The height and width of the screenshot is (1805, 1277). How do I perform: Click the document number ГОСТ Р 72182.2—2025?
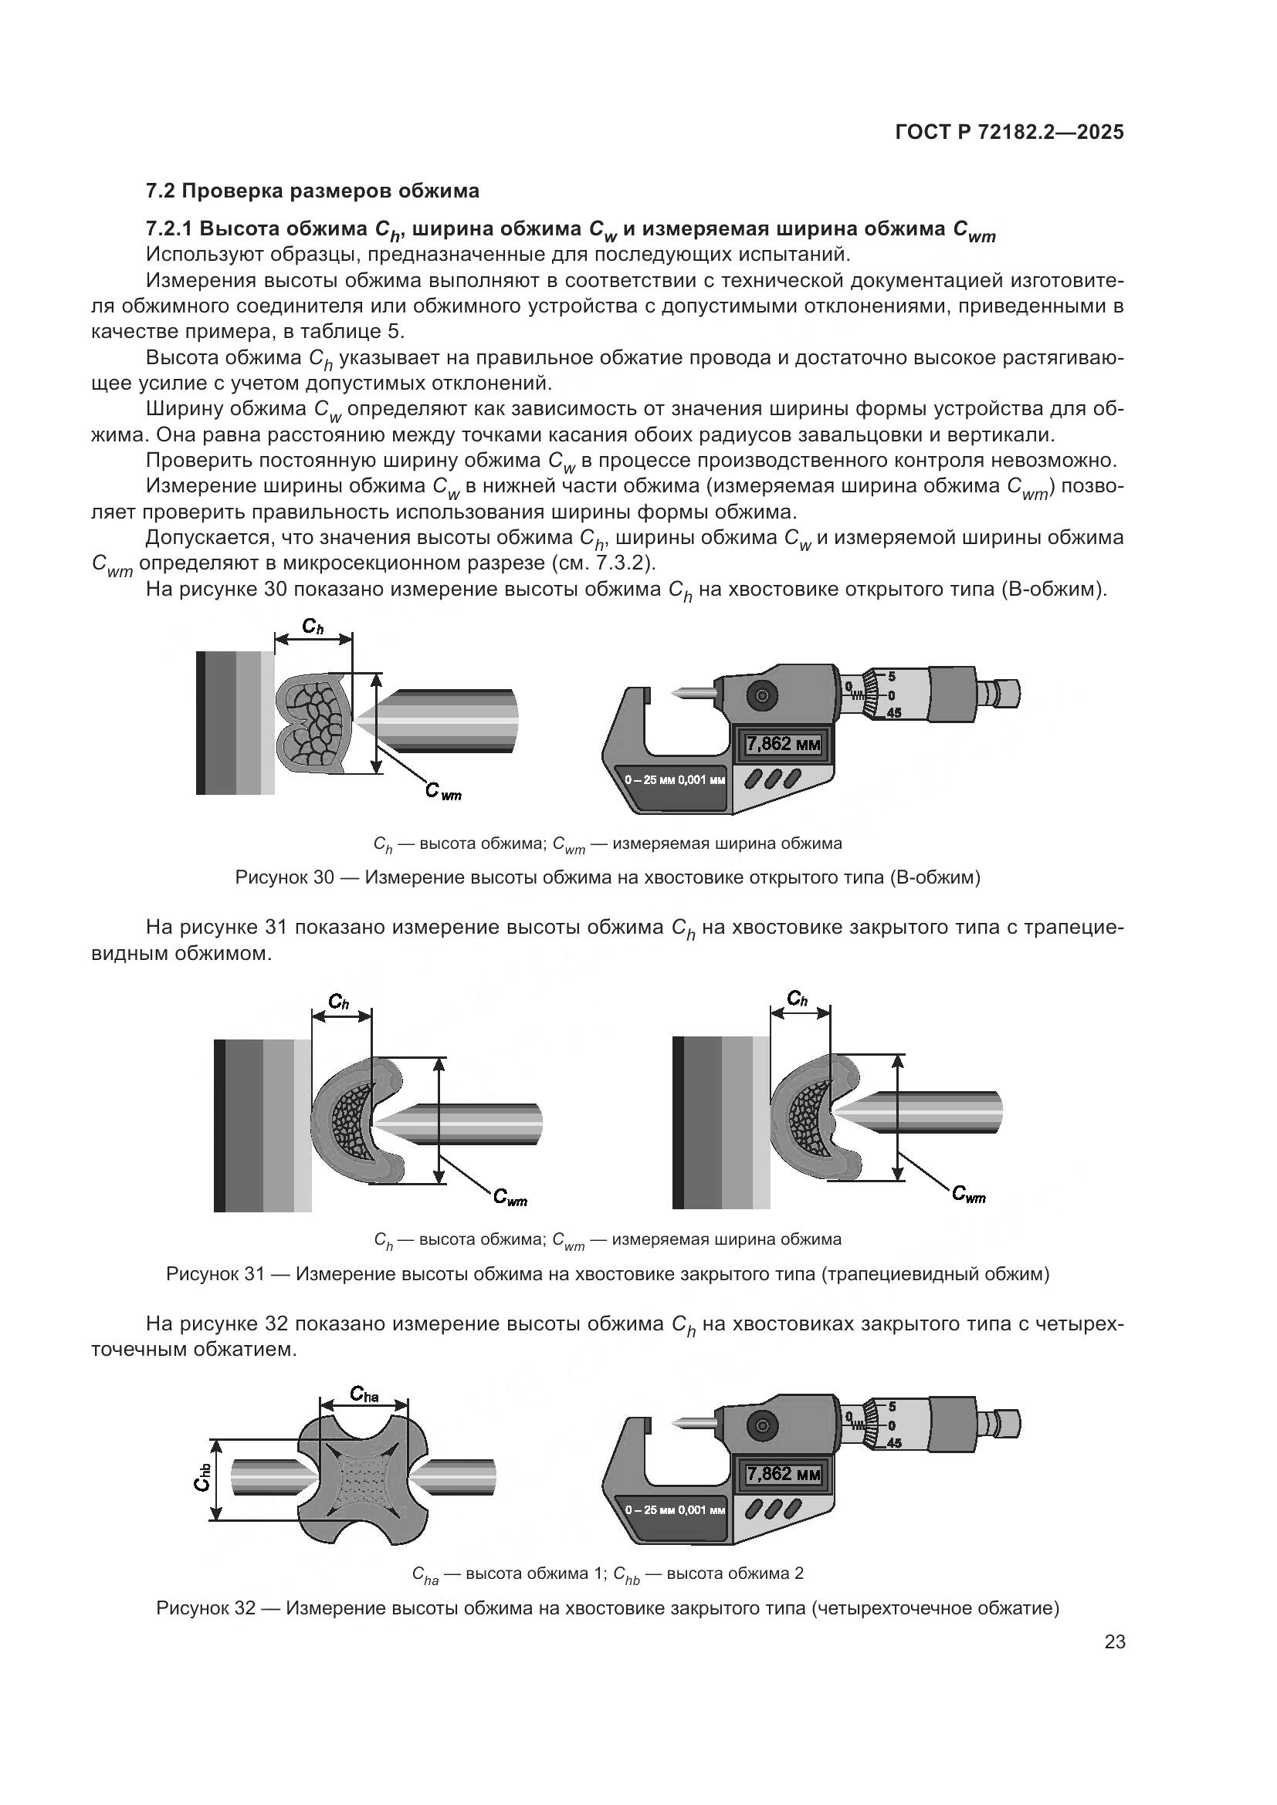[x=1009, y=132]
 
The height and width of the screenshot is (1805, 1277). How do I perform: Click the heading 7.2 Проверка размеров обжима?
[x=312, y=191]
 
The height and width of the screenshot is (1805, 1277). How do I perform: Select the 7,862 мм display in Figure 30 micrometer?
[x=782, y=743]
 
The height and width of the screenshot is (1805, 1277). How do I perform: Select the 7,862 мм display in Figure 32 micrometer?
[x=782, y=1473]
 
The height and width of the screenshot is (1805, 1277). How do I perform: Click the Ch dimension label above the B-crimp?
[x=313, y=627]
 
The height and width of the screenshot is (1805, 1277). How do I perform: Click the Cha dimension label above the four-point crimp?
[x=364, y=1394]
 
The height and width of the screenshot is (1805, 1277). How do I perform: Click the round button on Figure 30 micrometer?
[x=761, y=695]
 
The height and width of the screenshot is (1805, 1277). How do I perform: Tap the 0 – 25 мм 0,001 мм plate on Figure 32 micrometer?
[x=675, y=1509]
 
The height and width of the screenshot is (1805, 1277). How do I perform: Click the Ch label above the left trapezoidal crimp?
[x=339, y=1002]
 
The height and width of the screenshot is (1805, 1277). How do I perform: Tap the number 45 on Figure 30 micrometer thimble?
[x=894, y=713]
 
